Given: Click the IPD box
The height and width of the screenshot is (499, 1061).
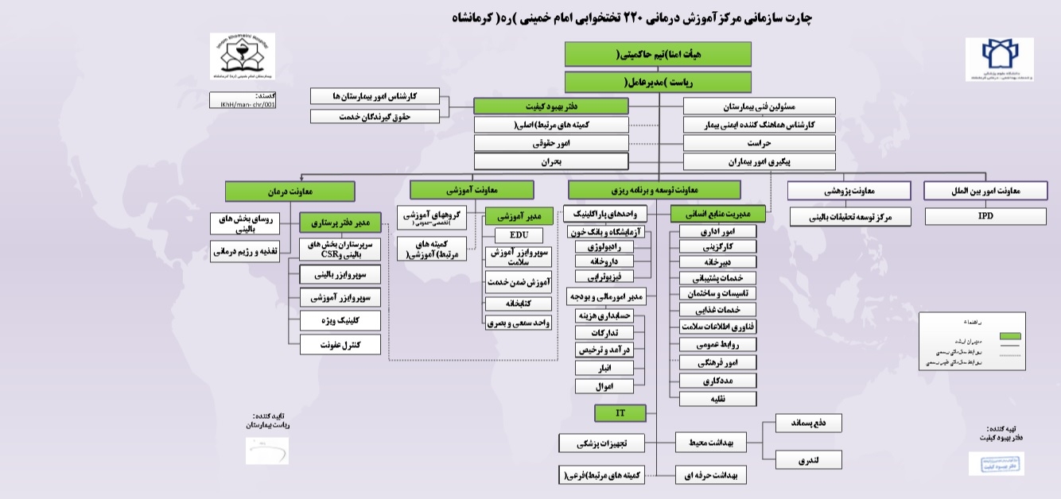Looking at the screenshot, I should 985,216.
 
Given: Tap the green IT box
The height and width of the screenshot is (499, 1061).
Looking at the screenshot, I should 620,412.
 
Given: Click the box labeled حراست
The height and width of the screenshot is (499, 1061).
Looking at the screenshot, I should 760,144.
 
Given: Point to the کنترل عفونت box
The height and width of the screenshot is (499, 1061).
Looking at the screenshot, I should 340,345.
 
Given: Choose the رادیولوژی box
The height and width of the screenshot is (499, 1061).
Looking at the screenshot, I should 604,247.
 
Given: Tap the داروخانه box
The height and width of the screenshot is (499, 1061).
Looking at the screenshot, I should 604,261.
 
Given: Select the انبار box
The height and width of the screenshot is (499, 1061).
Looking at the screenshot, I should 604,369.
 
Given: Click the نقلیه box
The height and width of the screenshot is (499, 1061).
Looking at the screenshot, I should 717,398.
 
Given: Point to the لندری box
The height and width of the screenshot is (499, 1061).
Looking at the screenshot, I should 808,459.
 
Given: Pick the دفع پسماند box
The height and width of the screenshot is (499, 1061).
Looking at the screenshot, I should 808,424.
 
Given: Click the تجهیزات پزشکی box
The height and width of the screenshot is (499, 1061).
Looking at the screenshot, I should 601,443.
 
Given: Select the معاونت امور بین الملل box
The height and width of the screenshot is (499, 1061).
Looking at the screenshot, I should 985,191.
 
